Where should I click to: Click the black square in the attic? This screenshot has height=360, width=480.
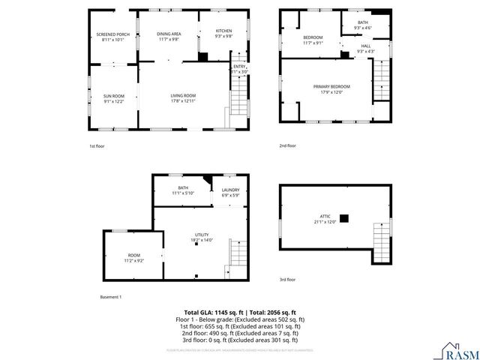tap(344, 218)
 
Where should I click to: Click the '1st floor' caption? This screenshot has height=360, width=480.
tap(97, 145)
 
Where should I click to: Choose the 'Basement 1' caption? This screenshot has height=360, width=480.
tap(110, 297)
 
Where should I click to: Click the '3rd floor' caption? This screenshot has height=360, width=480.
tap(287, 280)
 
